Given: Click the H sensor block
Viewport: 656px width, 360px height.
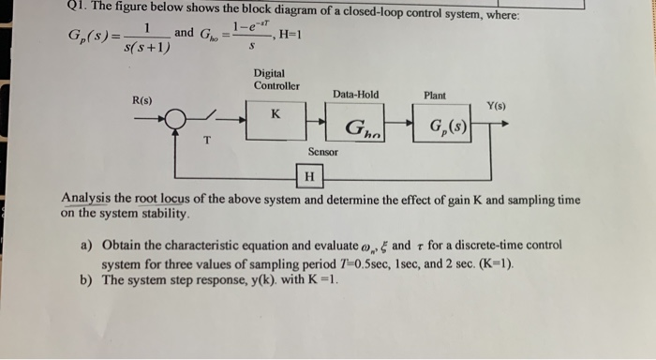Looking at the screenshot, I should click(307, 176).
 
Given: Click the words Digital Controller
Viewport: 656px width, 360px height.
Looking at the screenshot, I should click(276, 80).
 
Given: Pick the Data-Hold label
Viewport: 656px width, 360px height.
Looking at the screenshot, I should click(355, 94).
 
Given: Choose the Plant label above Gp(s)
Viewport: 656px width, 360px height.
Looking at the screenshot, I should click(435, 95).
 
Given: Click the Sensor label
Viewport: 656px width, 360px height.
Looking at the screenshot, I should click(322, 151).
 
